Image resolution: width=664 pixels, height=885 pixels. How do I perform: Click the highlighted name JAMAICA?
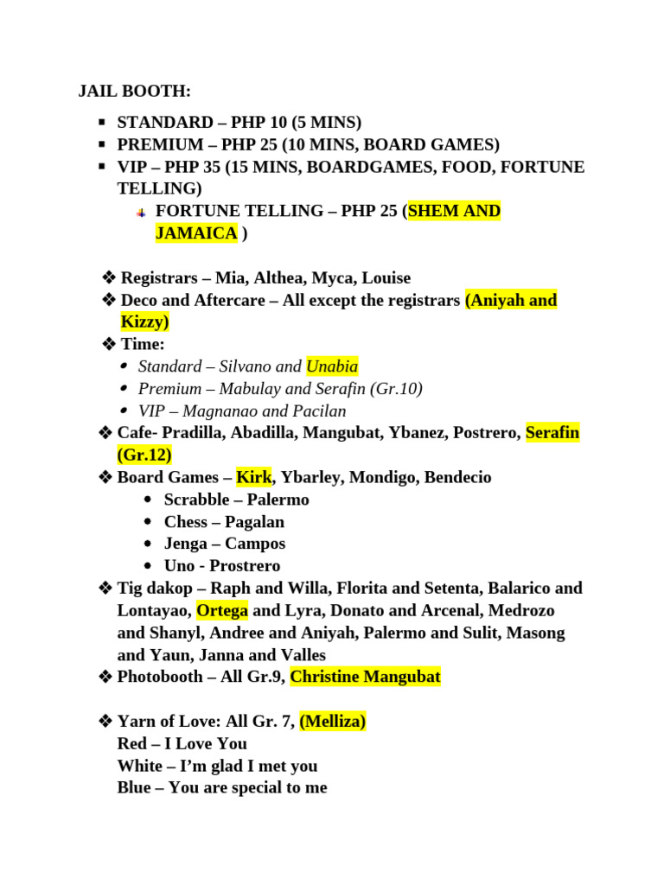(x=196, y=232)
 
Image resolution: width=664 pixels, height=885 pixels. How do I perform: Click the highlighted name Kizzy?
(x=144, y=322)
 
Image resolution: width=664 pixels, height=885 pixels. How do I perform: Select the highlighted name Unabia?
(x=332, y=366)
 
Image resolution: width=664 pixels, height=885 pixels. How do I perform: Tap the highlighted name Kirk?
(x=253, y=477)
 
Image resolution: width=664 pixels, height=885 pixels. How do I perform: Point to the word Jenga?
(x=186, y=544)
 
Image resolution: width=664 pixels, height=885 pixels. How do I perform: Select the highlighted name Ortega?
(x=222, y=610)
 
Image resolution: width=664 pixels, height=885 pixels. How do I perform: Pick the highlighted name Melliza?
(x=333, y=721)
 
